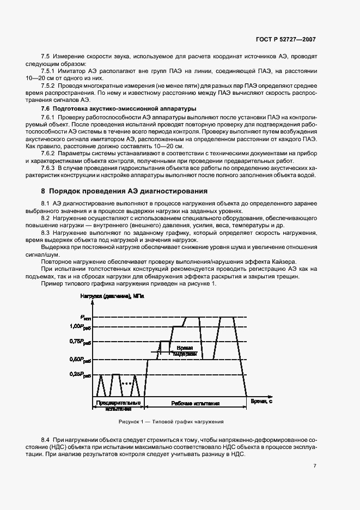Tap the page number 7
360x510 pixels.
[x=315, y=466]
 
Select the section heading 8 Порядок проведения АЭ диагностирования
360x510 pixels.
[x=125, y=191]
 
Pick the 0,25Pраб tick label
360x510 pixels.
[x=80, y=375]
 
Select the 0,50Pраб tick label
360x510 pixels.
[x=80, y=360]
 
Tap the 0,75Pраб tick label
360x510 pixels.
[x=80, y=341]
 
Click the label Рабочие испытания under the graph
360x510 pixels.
[x=195, y=404]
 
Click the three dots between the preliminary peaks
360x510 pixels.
[x=127, y=384]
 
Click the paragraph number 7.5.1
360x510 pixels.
[x=50, y=70]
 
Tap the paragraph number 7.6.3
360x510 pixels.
[x=50, y=168]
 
